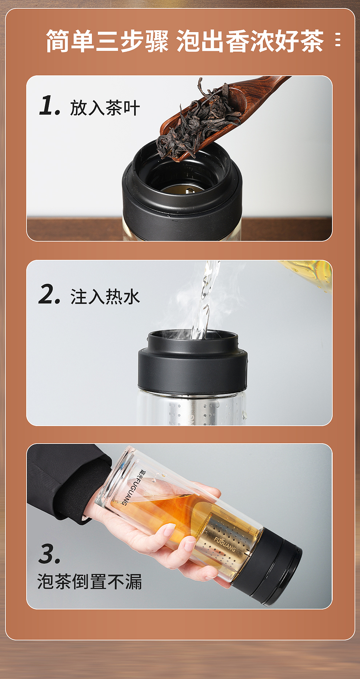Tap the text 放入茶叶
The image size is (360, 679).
coord(105,108)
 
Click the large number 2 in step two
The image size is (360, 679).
coord(48,294)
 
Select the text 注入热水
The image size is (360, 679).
coord(105,297)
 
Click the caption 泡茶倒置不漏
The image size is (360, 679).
coord(89,581)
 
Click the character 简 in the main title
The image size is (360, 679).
coord(58,41)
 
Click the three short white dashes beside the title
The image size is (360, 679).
coord(338,39)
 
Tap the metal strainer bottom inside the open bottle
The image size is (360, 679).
coord(182,190)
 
